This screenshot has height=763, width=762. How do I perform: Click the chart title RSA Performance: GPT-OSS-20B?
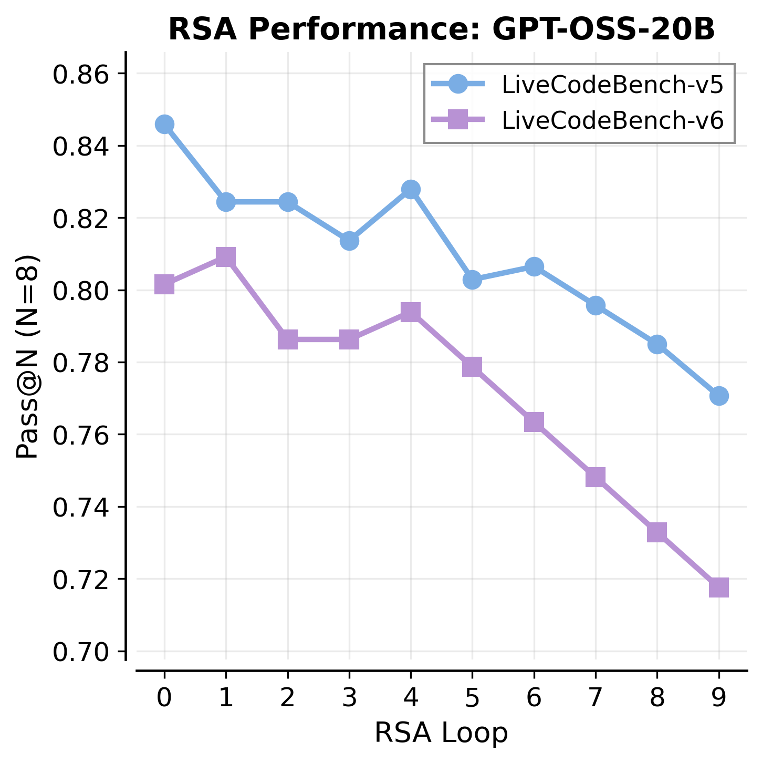tap(441, 30)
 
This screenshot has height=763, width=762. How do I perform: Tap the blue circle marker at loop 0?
tap(164, 125)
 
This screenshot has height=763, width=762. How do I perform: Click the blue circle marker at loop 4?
tap(411, 189)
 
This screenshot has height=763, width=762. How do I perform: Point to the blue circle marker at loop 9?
tap(719, 396)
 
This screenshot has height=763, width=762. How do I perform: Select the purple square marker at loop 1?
tap(226, 257)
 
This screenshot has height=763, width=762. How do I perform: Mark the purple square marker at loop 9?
tap(719, 587)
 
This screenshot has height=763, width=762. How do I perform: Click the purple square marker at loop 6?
tap(534, 421)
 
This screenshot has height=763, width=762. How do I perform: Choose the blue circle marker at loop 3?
tap(349, 241)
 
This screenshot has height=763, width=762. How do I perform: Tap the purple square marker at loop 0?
tap(164, 285)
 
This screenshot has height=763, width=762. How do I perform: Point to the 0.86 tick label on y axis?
tap(83, 74)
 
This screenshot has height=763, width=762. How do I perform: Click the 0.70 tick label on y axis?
tap(83, 652)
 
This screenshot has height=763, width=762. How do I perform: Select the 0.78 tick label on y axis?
tap(83, 363)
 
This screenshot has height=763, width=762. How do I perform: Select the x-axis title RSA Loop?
tap(441, 733)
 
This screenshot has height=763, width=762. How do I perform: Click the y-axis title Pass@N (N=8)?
tap(27, 357)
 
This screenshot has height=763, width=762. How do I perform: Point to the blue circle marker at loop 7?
tap(596, 305)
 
